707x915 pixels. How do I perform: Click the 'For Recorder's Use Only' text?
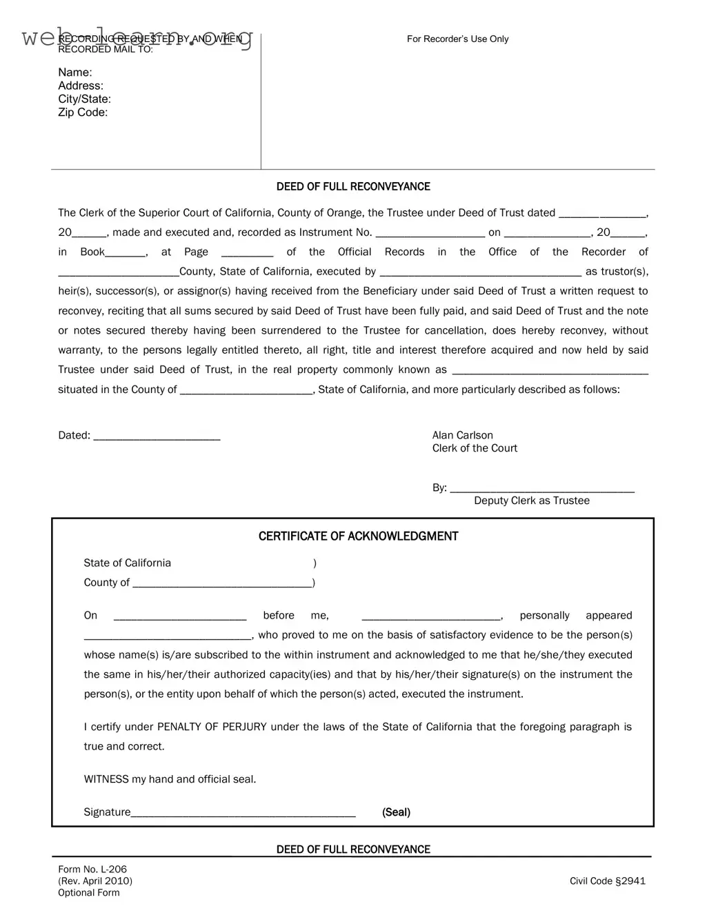[457, 39]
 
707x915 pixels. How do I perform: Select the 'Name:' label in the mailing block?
[74, 72]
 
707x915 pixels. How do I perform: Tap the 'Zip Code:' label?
[83, 112]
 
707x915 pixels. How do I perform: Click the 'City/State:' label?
[84, 99]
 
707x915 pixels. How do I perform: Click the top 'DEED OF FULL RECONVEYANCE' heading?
[353, 187]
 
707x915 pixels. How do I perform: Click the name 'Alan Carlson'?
[462, 435]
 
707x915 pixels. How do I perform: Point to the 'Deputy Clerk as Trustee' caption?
[531, 501]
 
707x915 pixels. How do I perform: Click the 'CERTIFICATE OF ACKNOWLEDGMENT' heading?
[358, 536]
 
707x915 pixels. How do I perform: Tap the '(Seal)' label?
[396, 812]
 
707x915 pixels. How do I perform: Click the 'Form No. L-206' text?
[92, 869]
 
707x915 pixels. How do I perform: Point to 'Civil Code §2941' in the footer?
[607, 881]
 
